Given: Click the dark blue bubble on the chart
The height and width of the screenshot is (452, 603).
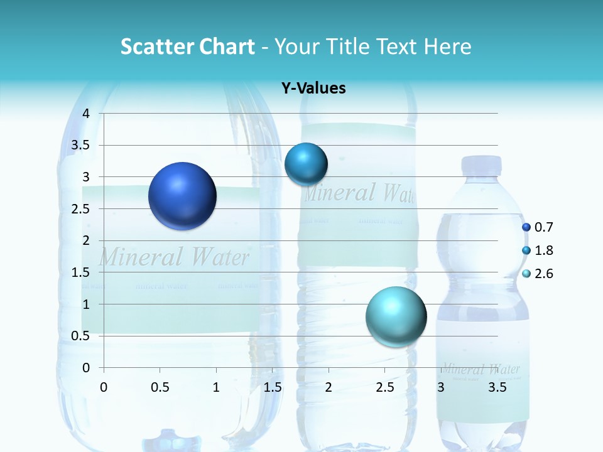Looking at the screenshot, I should click(x=183, y=196).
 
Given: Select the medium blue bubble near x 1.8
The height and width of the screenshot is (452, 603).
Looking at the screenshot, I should click(x=306, y=164).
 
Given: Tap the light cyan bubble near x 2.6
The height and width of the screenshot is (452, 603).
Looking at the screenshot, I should click(x=396, y=316).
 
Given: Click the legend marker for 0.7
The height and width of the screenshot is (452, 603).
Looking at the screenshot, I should click(x=526, y=227).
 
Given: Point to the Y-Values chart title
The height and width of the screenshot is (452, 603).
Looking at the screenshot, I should click(x=313, y=89).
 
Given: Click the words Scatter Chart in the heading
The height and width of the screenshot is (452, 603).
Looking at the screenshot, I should click(x=188, y=46).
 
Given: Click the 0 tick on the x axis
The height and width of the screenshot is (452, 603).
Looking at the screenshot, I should click(x=104, y=387).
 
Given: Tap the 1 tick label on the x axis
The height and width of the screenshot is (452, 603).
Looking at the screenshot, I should click(x=216, y=387).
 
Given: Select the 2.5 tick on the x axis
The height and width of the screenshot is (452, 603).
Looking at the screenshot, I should click(x=385, y=387).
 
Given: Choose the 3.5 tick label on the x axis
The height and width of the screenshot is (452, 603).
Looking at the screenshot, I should click(x=497, y=387).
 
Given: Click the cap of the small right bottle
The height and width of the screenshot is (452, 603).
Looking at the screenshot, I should click(x=481, y=165).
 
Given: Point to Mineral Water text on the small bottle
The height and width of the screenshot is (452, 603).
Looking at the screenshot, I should click(x=481, y=369).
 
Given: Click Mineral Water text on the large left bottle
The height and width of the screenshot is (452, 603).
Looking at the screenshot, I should click(x=174, y=257).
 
